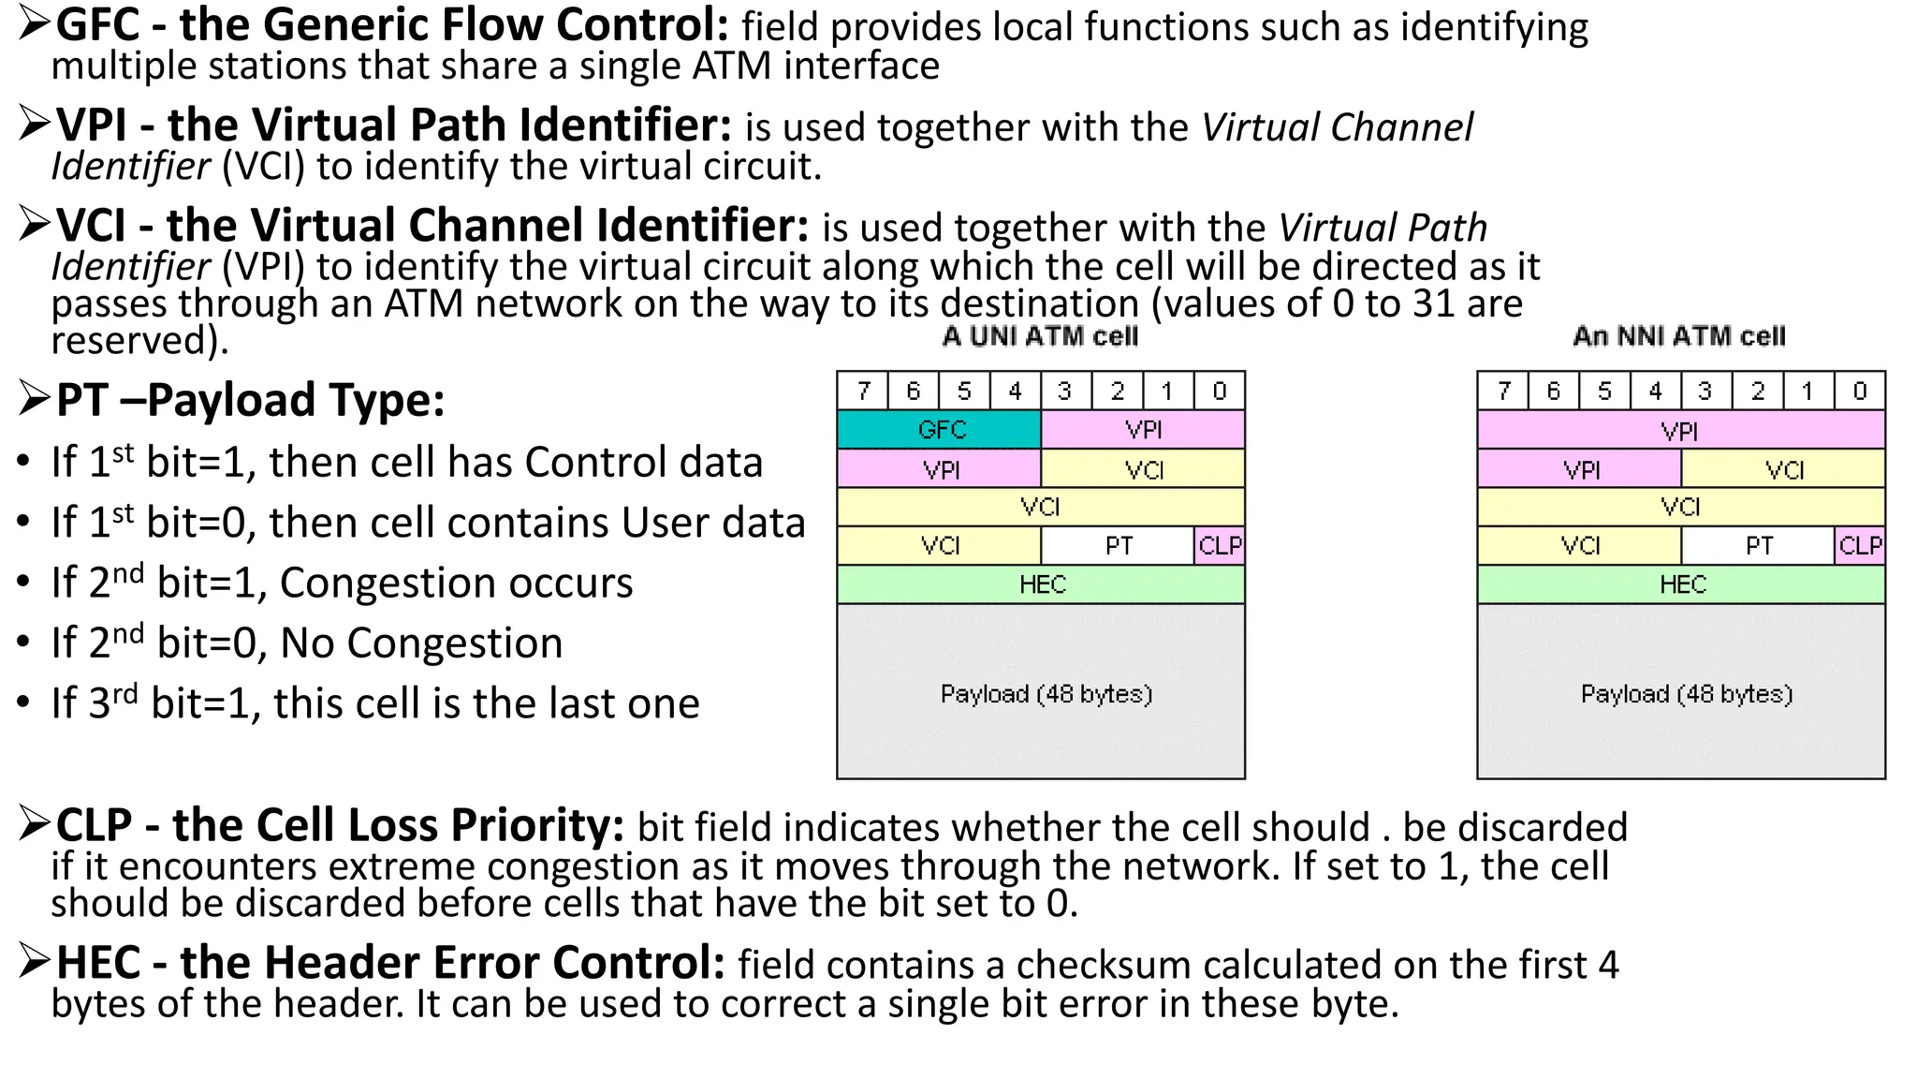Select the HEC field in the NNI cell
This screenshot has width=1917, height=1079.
(1681, 584)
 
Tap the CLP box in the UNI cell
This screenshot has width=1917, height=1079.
(1220, 545)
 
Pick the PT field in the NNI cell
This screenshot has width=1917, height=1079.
(1757, 545)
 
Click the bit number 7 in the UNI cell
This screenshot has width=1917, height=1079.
(863, 391)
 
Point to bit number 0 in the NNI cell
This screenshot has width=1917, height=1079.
(1859, 391)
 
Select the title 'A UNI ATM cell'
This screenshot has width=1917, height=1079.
(1040, 336)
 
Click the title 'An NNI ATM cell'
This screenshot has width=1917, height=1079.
(1679, 336)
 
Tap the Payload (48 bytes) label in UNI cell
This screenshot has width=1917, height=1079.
(1046, 694)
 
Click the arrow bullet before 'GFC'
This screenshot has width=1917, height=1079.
(34, 24)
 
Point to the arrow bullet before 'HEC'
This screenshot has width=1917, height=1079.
(34, 962)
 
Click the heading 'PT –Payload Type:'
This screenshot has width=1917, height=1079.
(250, 400)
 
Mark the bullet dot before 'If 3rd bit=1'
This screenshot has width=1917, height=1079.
(25, 703)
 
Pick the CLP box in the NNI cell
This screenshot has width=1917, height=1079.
(1860, 545)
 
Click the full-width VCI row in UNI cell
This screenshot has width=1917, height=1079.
(1040, 507)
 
